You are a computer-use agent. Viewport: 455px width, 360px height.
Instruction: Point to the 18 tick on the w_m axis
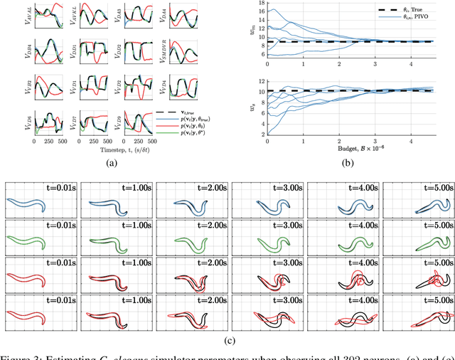[260, 3]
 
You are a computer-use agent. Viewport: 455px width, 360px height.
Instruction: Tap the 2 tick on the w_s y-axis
[262, 133]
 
